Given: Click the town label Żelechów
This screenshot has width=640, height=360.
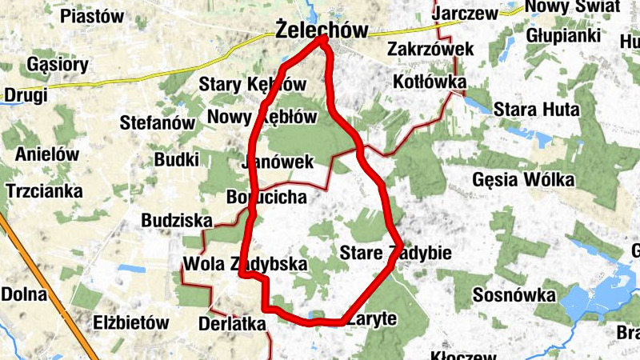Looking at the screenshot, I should pos(321,31).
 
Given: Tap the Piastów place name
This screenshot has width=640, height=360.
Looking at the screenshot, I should pos(93,16).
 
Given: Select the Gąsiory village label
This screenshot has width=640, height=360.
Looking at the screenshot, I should pos(58,64).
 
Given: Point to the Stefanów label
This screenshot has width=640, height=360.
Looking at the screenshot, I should pos(158,123).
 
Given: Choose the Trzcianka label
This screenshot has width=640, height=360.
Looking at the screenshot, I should pos(44,191).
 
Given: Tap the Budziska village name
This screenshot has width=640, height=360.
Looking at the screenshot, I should pos(177,220).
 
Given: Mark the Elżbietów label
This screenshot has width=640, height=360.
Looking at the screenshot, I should pos(131,323).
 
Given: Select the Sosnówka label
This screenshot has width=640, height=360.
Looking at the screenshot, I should pos(514,294).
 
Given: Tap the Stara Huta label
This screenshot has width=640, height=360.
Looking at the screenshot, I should pos(536,108).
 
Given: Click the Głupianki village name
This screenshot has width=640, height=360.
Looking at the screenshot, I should pos(563,36).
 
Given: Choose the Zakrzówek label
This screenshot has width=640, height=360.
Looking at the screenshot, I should pos(430,50).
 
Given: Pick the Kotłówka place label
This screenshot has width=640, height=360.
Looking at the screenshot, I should pos(430,82).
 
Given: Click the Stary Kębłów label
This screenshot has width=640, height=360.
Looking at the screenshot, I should pos(253,84).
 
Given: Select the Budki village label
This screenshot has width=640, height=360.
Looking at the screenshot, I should pos(176,159).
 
